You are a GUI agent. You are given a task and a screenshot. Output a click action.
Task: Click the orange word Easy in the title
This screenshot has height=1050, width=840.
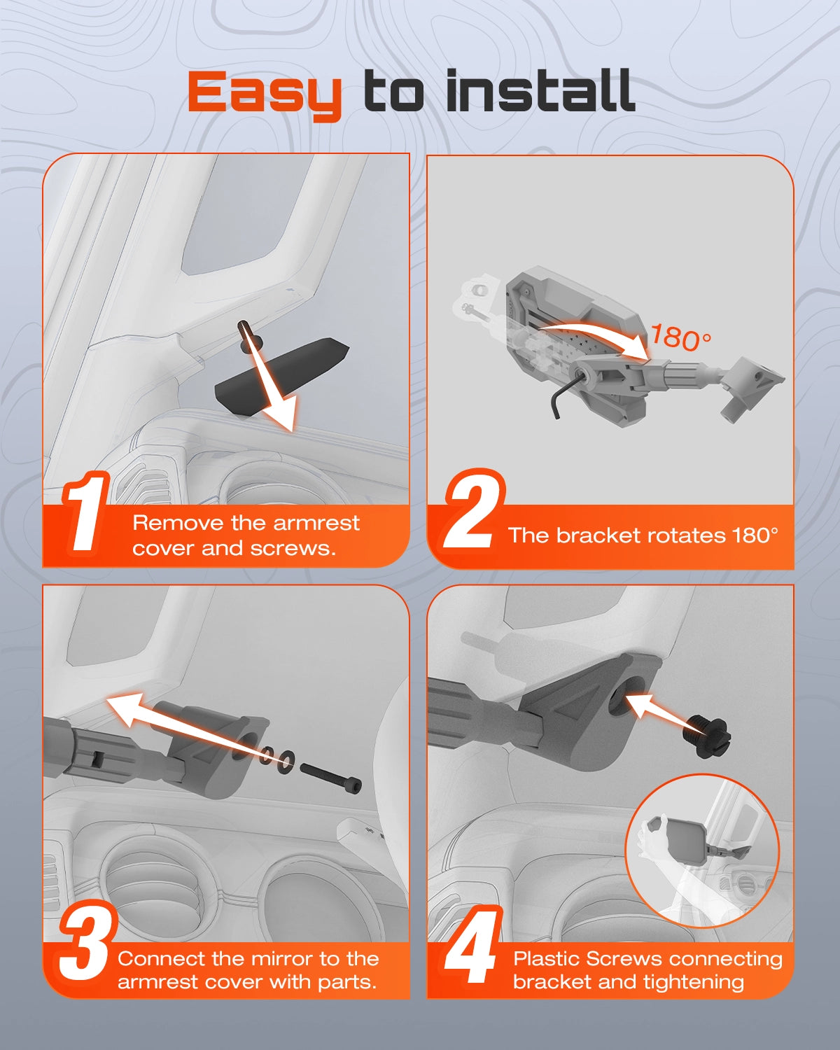click(265, 94)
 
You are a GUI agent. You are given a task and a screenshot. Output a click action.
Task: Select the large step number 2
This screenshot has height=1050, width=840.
click(473, 509)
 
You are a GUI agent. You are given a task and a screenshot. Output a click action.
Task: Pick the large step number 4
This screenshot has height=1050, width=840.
click(472, 945)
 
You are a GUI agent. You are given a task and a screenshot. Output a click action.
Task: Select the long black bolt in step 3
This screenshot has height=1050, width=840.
click(330, 778)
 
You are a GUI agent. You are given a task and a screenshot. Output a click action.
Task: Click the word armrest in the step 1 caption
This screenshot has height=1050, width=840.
click(316, 523)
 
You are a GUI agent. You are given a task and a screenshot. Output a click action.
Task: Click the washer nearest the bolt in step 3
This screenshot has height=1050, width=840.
click(286, 760)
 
